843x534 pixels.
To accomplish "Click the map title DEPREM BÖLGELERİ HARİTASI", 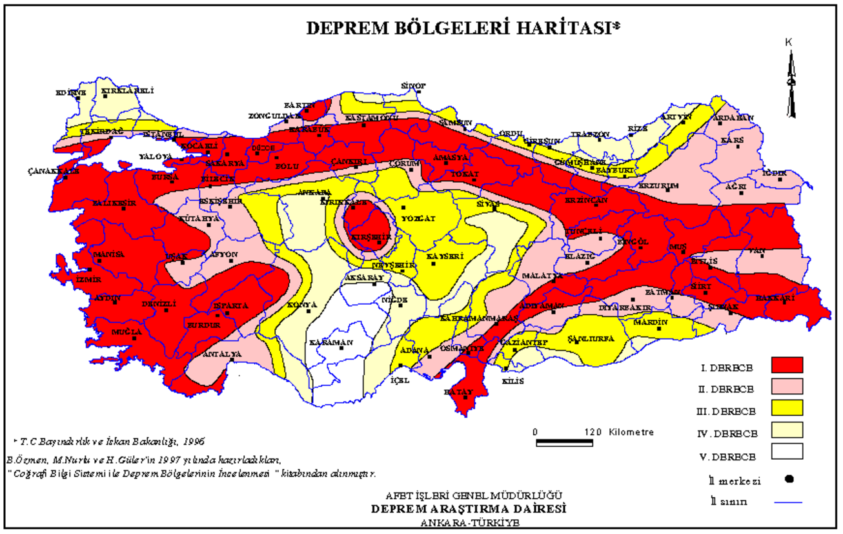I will [x=458, y=28].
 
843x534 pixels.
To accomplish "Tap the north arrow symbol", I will [x=790, y=81].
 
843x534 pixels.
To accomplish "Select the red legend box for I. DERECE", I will [x=786, y=365].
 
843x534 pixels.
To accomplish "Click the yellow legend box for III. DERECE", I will [x=786, y=408].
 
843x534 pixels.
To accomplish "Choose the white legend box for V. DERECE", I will [x=786, y=451].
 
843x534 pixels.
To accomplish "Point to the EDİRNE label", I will [x=70, y=92].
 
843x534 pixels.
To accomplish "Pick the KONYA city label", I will [x=301, y=304].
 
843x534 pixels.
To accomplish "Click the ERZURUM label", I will [x=658, y=186].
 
